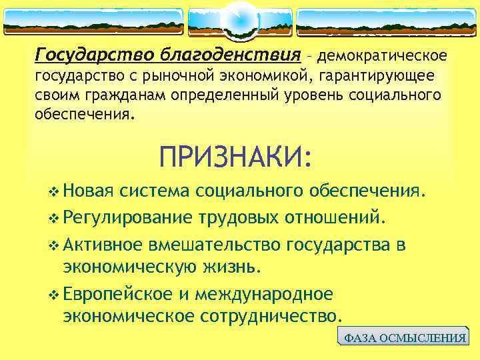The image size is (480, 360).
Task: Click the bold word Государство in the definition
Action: click(x=93, y=53)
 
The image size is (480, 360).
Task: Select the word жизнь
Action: click(x=239, y=267)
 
